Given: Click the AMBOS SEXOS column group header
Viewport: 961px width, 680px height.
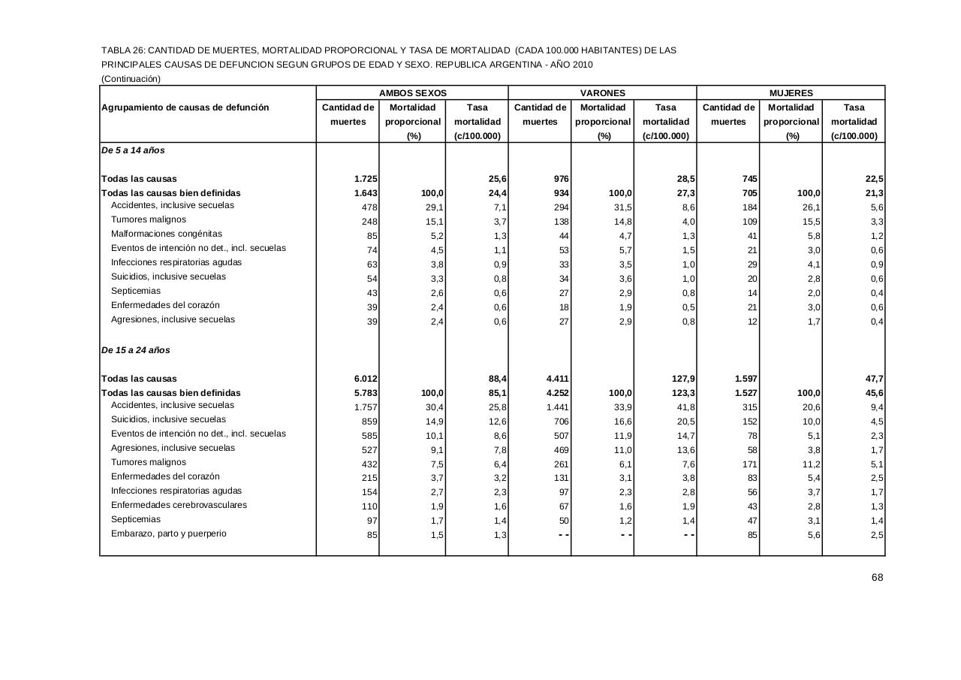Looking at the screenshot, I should click(x=412, y=93).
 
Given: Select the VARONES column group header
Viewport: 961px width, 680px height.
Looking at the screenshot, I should click(x=602, y=93).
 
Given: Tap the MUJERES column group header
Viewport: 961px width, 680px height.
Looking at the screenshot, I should click(x=791, y=93).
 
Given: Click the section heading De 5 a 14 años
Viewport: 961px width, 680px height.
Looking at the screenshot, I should click(x=133, y=150).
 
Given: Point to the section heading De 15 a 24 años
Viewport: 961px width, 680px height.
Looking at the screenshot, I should click(x=136, y=350).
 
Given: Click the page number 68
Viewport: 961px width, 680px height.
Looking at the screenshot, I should click(x=877, y=577).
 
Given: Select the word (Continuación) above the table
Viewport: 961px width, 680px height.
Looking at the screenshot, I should click(x=131, y=78).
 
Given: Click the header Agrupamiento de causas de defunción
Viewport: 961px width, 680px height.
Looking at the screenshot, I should click(x=185, y=107).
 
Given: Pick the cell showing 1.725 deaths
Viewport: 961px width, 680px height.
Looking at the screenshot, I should click(x=365, y=179).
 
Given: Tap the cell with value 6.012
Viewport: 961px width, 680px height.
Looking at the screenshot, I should click(x=365, y=379).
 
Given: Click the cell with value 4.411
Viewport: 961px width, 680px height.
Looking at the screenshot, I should click(x=556, y=379).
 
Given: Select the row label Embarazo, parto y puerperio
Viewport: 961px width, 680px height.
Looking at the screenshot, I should click(x=168, y=533).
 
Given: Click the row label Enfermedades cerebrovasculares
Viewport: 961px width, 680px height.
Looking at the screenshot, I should click(x=179, y=505).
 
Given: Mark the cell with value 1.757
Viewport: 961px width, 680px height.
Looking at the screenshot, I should click(x=365, y=406).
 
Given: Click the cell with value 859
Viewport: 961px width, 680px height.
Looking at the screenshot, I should click(x=368, y=421).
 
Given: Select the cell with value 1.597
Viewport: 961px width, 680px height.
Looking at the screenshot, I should click(x=745, y=379).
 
